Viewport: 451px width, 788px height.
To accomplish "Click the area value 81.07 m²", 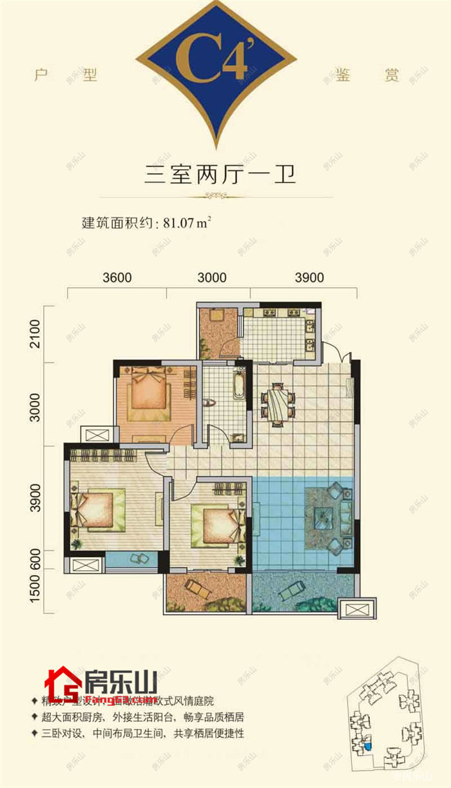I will [x=187, y=223].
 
